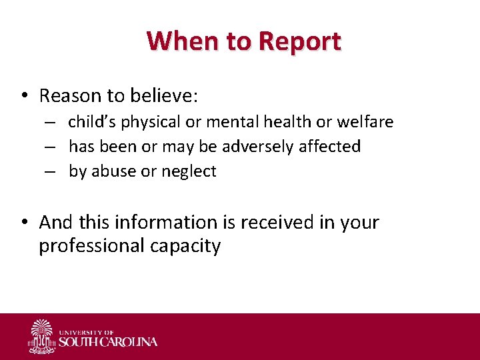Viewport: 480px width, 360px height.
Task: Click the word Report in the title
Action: coord(299,41)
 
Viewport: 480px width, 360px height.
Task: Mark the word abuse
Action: coord(113,171)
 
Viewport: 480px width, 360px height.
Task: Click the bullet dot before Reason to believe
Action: coord(23,97)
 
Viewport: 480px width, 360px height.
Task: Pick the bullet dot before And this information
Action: coord(23,223)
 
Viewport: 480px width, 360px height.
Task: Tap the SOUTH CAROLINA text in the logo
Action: coord(109,342)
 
